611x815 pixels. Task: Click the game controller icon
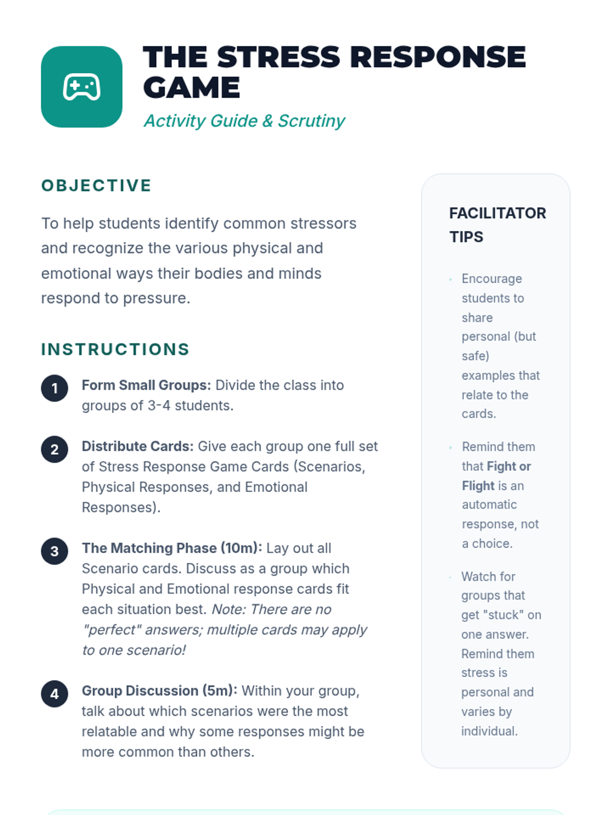pyautogui.click(x=81, y=87)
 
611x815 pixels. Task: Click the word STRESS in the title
pyautogui.click(x=279, y=57)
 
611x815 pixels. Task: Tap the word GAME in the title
pyautogui.click(x=191, y=88)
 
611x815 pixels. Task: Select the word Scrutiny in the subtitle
pyautogui.click(x=311, y=121)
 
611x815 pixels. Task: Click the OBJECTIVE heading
pyautogui.click(x=96, y=185)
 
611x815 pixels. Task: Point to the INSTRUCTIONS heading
pyautogui.click(x=115, y=349)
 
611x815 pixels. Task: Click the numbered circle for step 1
pyautogui.click(x=54, y=389)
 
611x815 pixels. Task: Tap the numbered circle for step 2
pyautogui.click(x=54, y=449)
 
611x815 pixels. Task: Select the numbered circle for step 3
pyautogui.click(x=54, y=551)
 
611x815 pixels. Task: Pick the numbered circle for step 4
pyautogui.click(x=54, y=694)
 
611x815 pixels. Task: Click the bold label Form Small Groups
pyautogui.click(x=146, y=385)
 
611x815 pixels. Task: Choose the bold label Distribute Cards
pyautogui.click(x=137, y=446)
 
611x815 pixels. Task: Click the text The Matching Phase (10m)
pyautogui.click(x=172, y=548)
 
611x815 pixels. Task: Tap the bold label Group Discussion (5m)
pyautogui.click(x=159, y=691)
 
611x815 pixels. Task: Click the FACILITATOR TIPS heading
pyautogui.click(x=497, y=225)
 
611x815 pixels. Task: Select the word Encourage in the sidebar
pyautogui.click(x=491, y=279)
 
